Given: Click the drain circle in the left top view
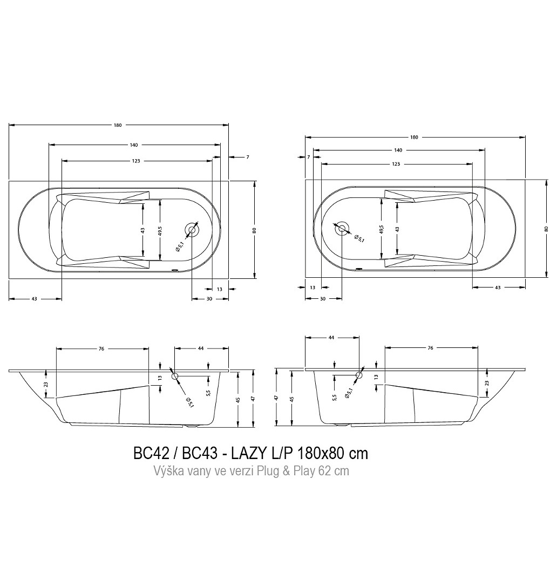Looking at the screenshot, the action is point(192,230).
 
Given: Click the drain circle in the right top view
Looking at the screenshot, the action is point(342,229).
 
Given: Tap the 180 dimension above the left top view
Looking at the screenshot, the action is point(118,125).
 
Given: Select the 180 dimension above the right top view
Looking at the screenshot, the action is point(414,138).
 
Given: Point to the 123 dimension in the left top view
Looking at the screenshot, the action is point(135,161).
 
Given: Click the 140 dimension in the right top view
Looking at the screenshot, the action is point(398,150).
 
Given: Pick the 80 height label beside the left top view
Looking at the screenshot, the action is point(255,230).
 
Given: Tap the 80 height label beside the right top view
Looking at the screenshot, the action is point(546,229).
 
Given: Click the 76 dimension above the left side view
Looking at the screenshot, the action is point(101,348).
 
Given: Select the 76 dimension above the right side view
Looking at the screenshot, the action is point(430,348).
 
